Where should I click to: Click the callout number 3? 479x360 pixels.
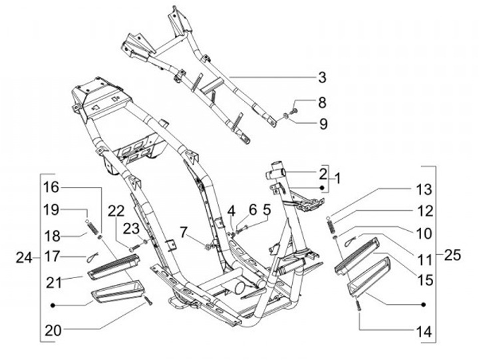click(322, 78)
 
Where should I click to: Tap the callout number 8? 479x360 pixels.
click(322, 102)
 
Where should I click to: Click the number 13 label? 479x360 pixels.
click(424, 190)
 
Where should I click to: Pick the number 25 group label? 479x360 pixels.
click(452, 255)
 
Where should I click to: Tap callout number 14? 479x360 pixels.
click(424, 330)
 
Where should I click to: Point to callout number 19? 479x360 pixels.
click(52, 210)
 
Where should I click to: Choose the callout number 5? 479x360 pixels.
click(266, 210)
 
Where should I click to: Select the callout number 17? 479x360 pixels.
click(52, 255)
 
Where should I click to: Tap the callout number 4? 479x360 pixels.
click(231, 210)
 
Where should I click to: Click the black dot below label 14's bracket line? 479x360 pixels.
click(423, 304)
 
